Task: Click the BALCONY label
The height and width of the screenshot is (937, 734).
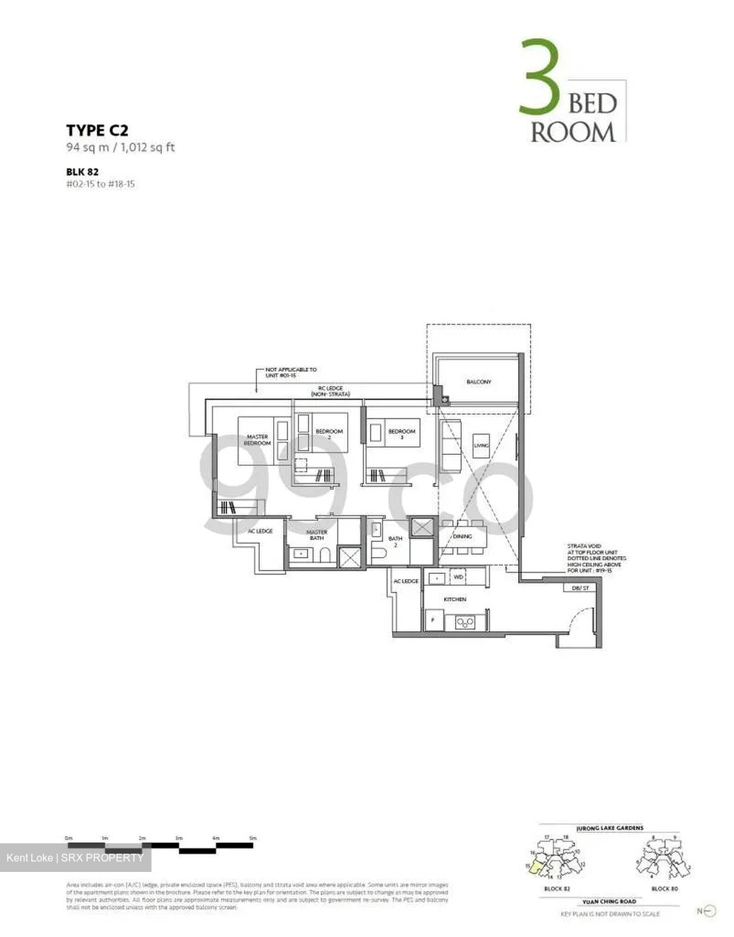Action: [478, 382]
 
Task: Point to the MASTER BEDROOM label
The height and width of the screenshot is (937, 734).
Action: [257, 440]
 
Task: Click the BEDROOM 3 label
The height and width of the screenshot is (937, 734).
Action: [401, 434]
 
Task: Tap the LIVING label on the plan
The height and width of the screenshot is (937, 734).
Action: [481, 446]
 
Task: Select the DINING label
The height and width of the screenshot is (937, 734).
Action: [462, 537]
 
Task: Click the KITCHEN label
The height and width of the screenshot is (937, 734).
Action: [454, 599]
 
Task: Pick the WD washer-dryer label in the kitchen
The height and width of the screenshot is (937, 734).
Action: [458, 577]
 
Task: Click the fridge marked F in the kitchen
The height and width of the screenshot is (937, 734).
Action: [433, 621]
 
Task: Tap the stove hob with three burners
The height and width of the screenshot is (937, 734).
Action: [465, 622]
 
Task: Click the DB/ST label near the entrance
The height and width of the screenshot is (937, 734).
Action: [580, 588]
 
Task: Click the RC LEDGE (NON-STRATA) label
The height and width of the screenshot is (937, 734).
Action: [330, 391]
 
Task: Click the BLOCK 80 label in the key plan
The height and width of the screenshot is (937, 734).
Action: [664, 888]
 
